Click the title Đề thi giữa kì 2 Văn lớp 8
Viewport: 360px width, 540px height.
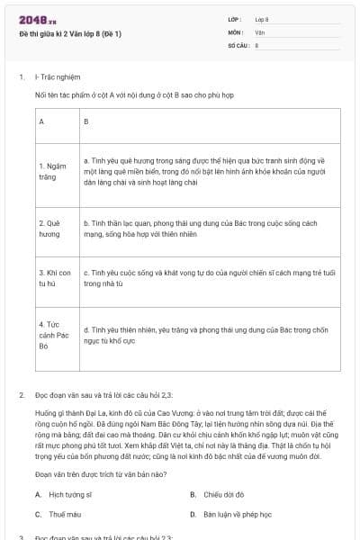pyautogui.click(x=70, y=33)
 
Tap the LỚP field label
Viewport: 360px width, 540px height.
pyautogui.click(x=235, y=19)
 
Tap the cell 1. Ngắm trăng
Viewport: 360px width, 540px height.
pyautogui.click(x=54, y=171)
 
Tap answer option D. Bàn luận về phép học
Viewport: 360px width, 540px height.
pyautogui.click(x=237, y=514)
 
